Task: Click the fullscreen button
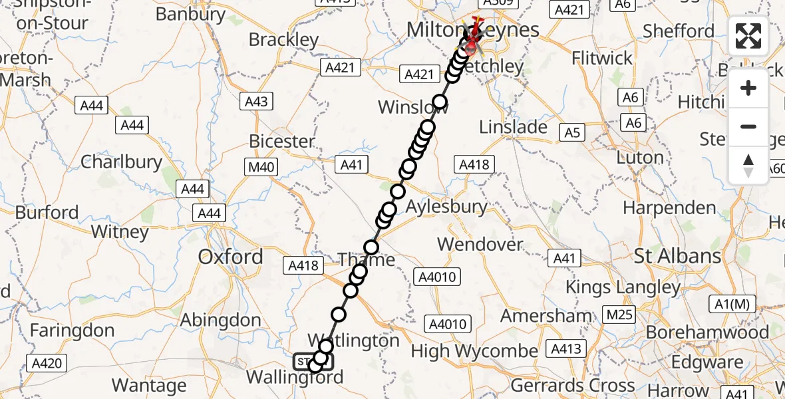(748, 36)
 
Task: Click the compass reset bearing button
(748, 166)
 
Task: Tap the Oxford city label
(231, 257)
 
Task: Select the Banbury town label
(192, 14)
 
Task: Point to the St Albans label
(678, 256)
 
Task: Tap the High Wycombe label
(474, 350)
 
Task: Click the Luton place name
(640, 158)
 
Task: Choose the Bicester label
(281, 141)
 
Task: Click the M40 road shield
(260, 167)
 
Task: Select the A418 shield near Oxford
(303, 266)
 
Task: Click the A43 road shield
(256, 101)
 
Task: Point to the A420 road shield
(47, 363)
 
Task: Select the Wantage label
(149, 385)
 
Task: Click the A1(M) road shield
(732, 305)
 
